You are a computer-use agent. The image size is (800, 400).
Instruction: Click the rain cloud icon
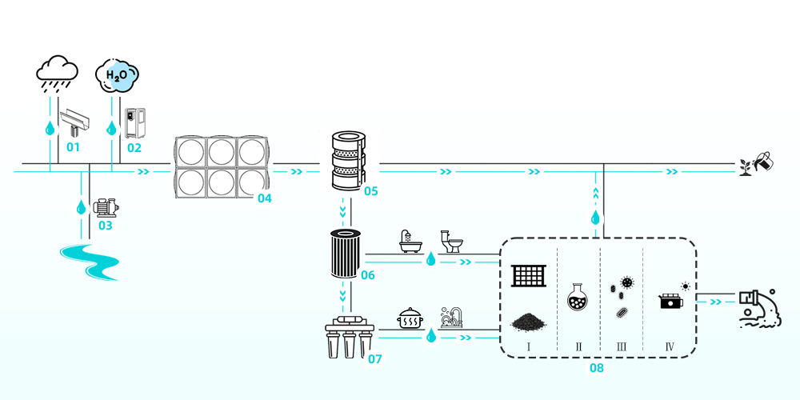point(57,72)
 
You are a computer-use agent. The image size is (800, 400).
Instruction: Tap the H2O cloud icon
point(117,74)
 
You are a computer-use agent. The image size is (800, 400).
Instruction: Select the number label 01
point(74,147)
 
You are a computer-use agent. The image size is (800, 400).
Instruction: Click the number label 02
point(134,147)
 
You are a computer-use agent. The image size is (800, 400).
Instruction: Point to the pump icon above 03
point(105,208)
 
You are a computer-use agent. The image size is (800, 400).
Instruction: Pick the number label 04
point(265,198)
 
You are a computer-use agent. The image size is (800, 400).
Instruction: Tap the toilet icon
point(452,241)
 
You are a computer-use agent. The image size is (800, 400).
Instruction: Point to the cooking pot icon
point(410,318)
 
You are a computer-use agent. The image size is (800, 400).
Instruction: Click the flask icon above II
point(578,297)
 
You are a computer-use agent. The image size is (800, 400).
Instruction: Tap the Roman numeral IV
point(670,347)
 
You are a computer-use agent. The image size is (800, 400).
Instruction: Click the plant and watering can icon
point(757,162)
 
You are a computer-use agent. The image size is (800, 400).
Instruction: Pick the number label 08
point(597,368)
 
